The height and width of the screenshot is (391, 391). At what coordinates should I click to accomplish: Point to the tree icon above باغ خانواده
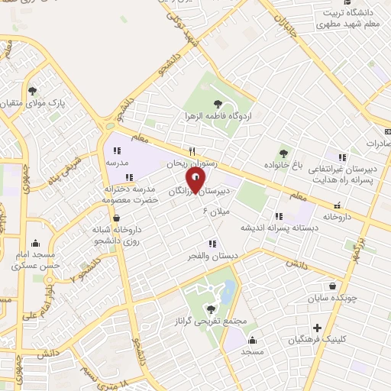click(285, 153)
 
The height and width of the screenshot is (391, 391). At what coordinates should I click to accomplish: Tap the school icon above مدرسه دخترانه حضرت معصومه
click(130, 177)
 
